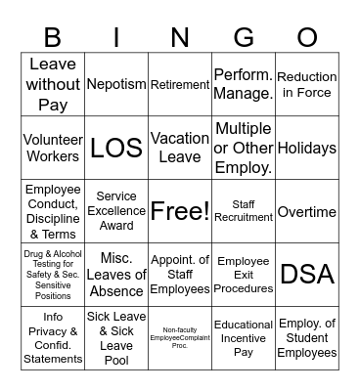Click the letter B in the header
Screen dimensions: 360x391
point(53,38)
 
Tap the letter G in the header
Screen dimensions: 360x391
point(244,38)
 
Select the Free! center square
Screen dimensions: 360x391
point(180,211)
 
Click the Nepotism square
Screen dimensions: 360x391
point(116,84)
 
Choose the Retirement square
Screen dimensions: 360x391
point(180,84)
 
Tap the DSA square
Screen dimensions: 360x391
point(307,275)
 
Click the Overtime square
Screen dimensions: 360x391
point(307,211)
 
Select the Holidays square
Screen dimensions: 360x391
point(307,148)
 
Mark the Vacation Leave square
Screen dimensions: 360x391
point(180,148)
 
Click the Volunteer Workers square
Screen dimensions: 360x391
point(53,148)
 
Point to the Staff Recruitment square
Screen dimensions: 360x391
point(244,211)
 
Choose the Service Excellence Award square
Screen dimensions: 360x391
point(116,211)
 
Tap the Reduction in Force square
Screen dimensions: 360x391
point(307,84)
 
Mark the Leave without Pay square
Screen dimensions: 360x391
point(53,84)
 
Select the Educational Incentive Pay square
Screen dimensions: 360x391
point(244,338)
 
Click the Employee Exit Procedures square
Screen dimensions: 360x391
point(244,275)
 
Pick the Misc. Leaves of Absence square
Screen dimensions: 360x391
point(116,275)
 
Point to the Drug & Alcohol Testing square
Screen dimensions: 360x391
point(53,275)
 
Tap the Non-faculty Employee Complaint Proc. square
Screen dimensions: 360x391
point(180,338)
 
